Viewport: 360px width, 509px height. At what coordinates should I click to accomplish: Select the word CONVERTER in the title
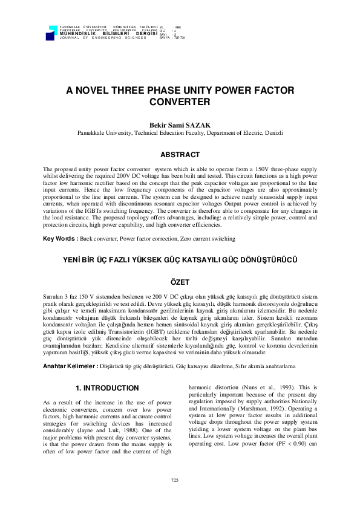pos(180,102)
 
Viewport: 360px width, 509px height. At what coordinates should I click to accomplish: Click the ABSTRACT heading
pos(180,154)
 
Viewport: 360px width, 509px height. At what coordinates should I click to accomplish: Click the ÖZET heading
pos(180,282)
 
